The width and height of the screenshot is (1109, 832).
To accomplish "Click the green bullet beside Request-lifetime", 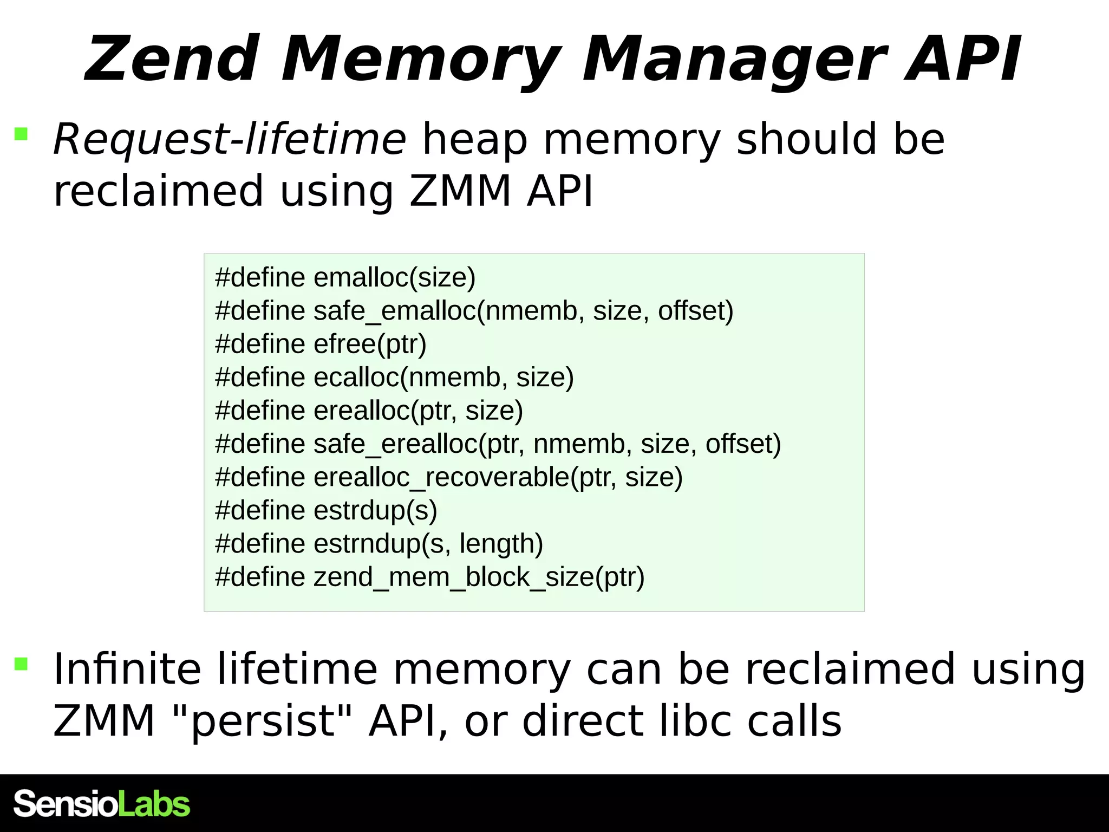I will pyautogui.click(x=21, y=134).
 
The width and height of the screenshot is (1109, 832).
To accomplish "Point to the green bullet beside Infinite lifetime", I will pyautogui.click(x=21, y=664).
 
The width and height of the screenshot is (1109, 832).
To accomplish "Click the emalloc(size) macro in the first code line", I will pyautogui.click(x=394, y=277).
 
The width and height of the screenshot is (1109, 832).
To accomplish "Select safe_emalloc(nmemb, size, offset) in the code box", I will pyautogui.click(x=523, y=311).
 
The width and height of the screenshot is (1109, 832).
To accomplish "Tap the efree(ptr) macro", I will pyautogui.click(x=370, y=344).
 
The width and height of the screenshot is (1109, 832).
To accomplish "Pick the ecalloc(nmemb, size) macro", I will pyautogui.click(x=443, y=378).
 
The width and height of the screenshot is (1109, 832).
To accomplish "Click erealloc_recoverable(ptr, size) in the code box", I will pyautogui.click(x=498, y=477).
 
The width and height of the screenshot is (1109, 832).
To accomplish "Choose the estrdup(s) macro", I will pyautogui.click(x=375, y=510).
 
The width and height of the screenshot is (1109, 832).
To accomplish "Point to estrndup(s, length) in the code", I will pyautogui.click(x=428, y=544).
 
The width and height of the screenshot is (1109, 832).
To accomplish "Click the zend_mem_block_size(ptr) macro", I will pyautogui.click(x=479, y=577).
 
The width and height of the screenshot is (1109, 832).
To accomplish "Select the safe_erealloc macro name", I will pyautogui.click(x=396, y=444).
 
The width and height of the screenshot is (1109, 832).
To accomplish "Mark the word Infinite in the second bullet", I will pyautogui.click(x=127, y=669).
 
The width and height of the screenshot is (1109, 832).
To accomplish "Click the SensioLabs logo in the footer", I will pyautogui.click(x=102, y=804).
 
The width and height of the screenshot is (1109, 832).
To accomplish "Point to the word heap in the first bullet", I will pyautogui.click(x=474, y=139).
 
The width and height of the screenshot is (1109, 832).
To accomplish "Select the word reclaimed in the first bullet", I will pyautogui.click(x=158, y=191).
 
